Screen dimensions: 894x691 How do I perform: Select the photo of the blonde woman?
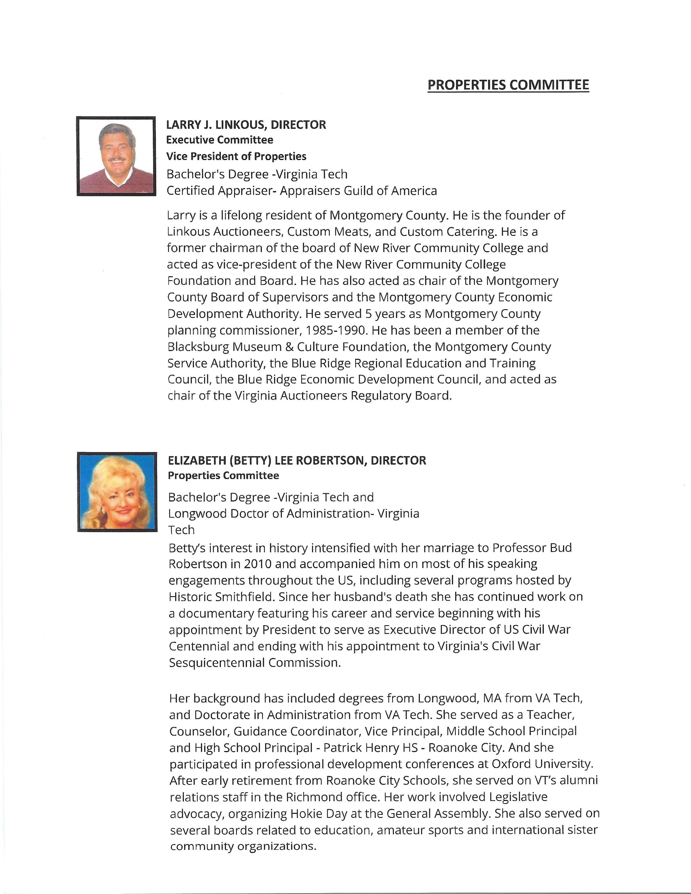(x=117, y=492)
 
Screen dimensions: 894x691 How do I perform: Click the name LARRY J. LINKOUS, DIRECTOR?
(x=246, y=124)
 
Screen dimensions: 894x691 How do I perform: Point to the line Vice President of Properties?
(x=236, y=156)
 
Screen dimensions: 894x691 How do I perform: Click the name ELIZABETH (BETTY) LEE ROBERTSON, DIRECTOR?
(x=297, y=460)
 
